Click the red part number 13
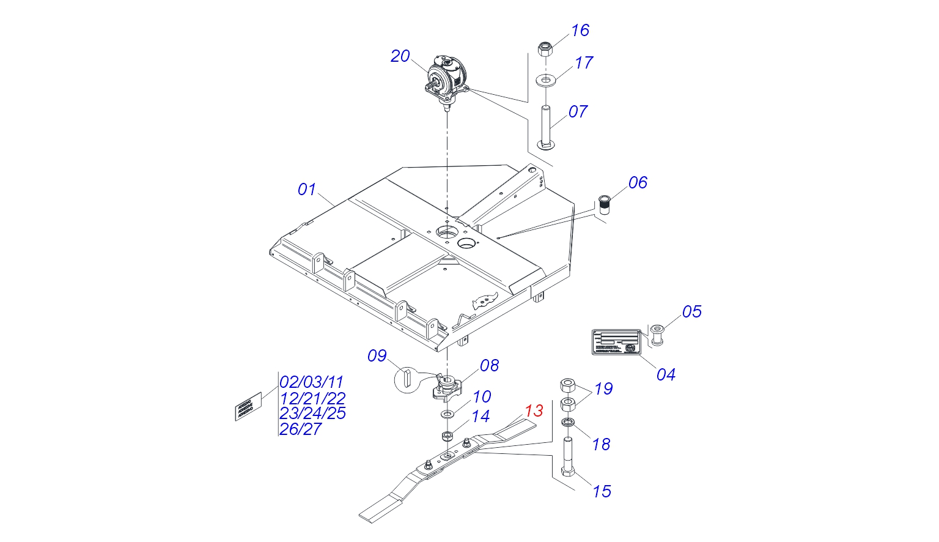click(x=534, y=411)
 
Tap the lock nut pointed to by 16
click(x=545, y=48)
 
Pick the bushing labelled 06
click(x=605, y=204)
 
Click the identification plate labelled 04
click(x=615, y=341)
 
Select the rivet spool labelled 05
click(x=658, y=335)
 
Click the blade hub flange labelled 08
click(x=446, y=389)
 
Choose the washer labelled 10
click(x=447, y=415)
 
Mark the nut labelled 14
click(x=447, y=436)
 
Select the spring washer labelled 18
click(x=568, y=423)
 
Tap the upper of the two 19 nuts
click(x=568, y=385)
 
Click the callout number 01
click(x=306, y=190)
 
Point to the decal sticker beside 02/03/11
click(x=248, y=406)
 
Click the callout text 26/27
click(x=300, y=429)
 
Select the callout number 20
click(x=400, y=56)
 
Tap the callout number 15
click(x=602, y=491)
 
